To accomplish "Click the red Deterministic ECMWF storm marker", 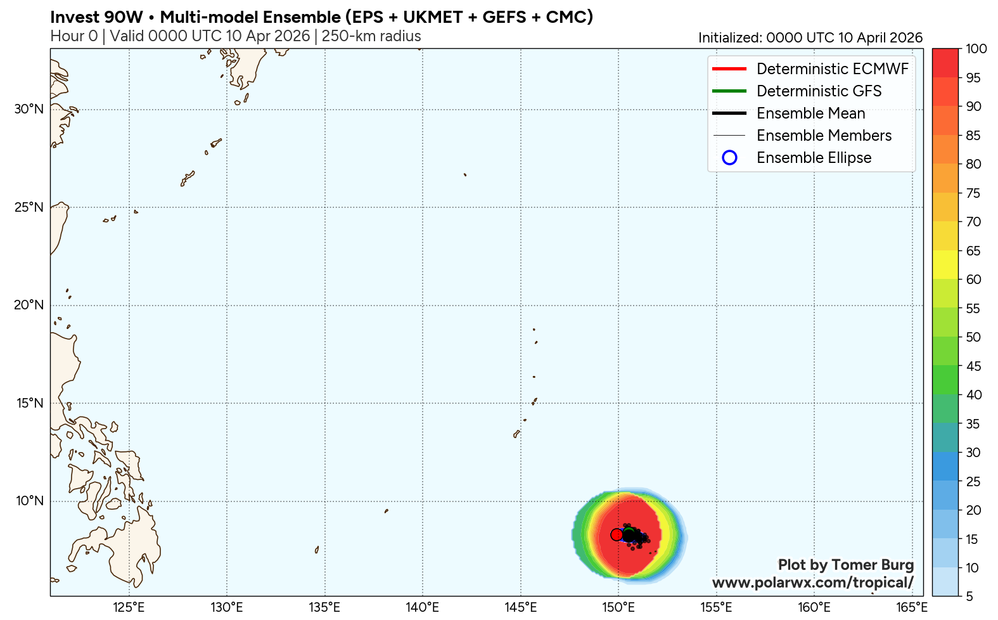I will pyautogui.click(x=617, y=534).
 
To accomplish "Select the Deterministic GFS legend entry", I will pyautogui.click(x=819, y=91).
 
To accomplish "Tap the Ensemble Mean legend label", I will pyautogui.click(x=810, y=113).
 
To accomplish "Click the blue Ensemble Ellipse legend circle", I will pyautogui.click(x=729, y=158).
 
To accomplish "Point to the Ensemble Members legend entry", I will pyautogui.click(x=824, y=136).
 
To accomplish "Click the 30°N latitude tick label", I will pyautogui.click(x=29, y=109).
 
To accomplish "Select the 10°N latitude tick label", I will pyautogui.click(x=29, y=501).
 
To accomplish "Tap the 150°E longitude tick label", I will pyautogui.click(x=618, y=607).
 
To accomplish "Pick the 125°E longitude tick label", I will pyautogui.click(x=129, y=607).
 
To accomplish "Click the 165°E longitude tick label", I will pyautogui.click(x=912, y=607).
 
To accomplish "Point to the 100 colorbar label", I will pyautogui.click(x=976, y=49).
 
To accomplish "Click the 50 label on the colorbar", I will pyautogui.click(x=973, y=337).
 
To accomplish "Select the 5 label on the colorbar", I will pyautogui.click(x=969, y=597).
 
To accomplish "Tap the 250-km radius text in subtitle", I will pyautogui.click(x=371, y=36).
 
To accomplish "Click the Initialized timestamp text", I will pyautogui.click(x=810, y=38).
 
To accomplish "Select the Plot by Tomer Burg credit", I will pyautogui.click(x=845, y=565).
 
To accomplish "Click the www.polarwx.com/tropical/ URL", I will pyautogui.click(x=812, y=583).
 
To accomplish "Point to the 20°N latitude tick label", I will pyautogui.click(x=29, y=305).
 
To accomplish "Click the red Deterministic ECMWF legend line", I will pyautogui.click(x=729, y=69).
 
